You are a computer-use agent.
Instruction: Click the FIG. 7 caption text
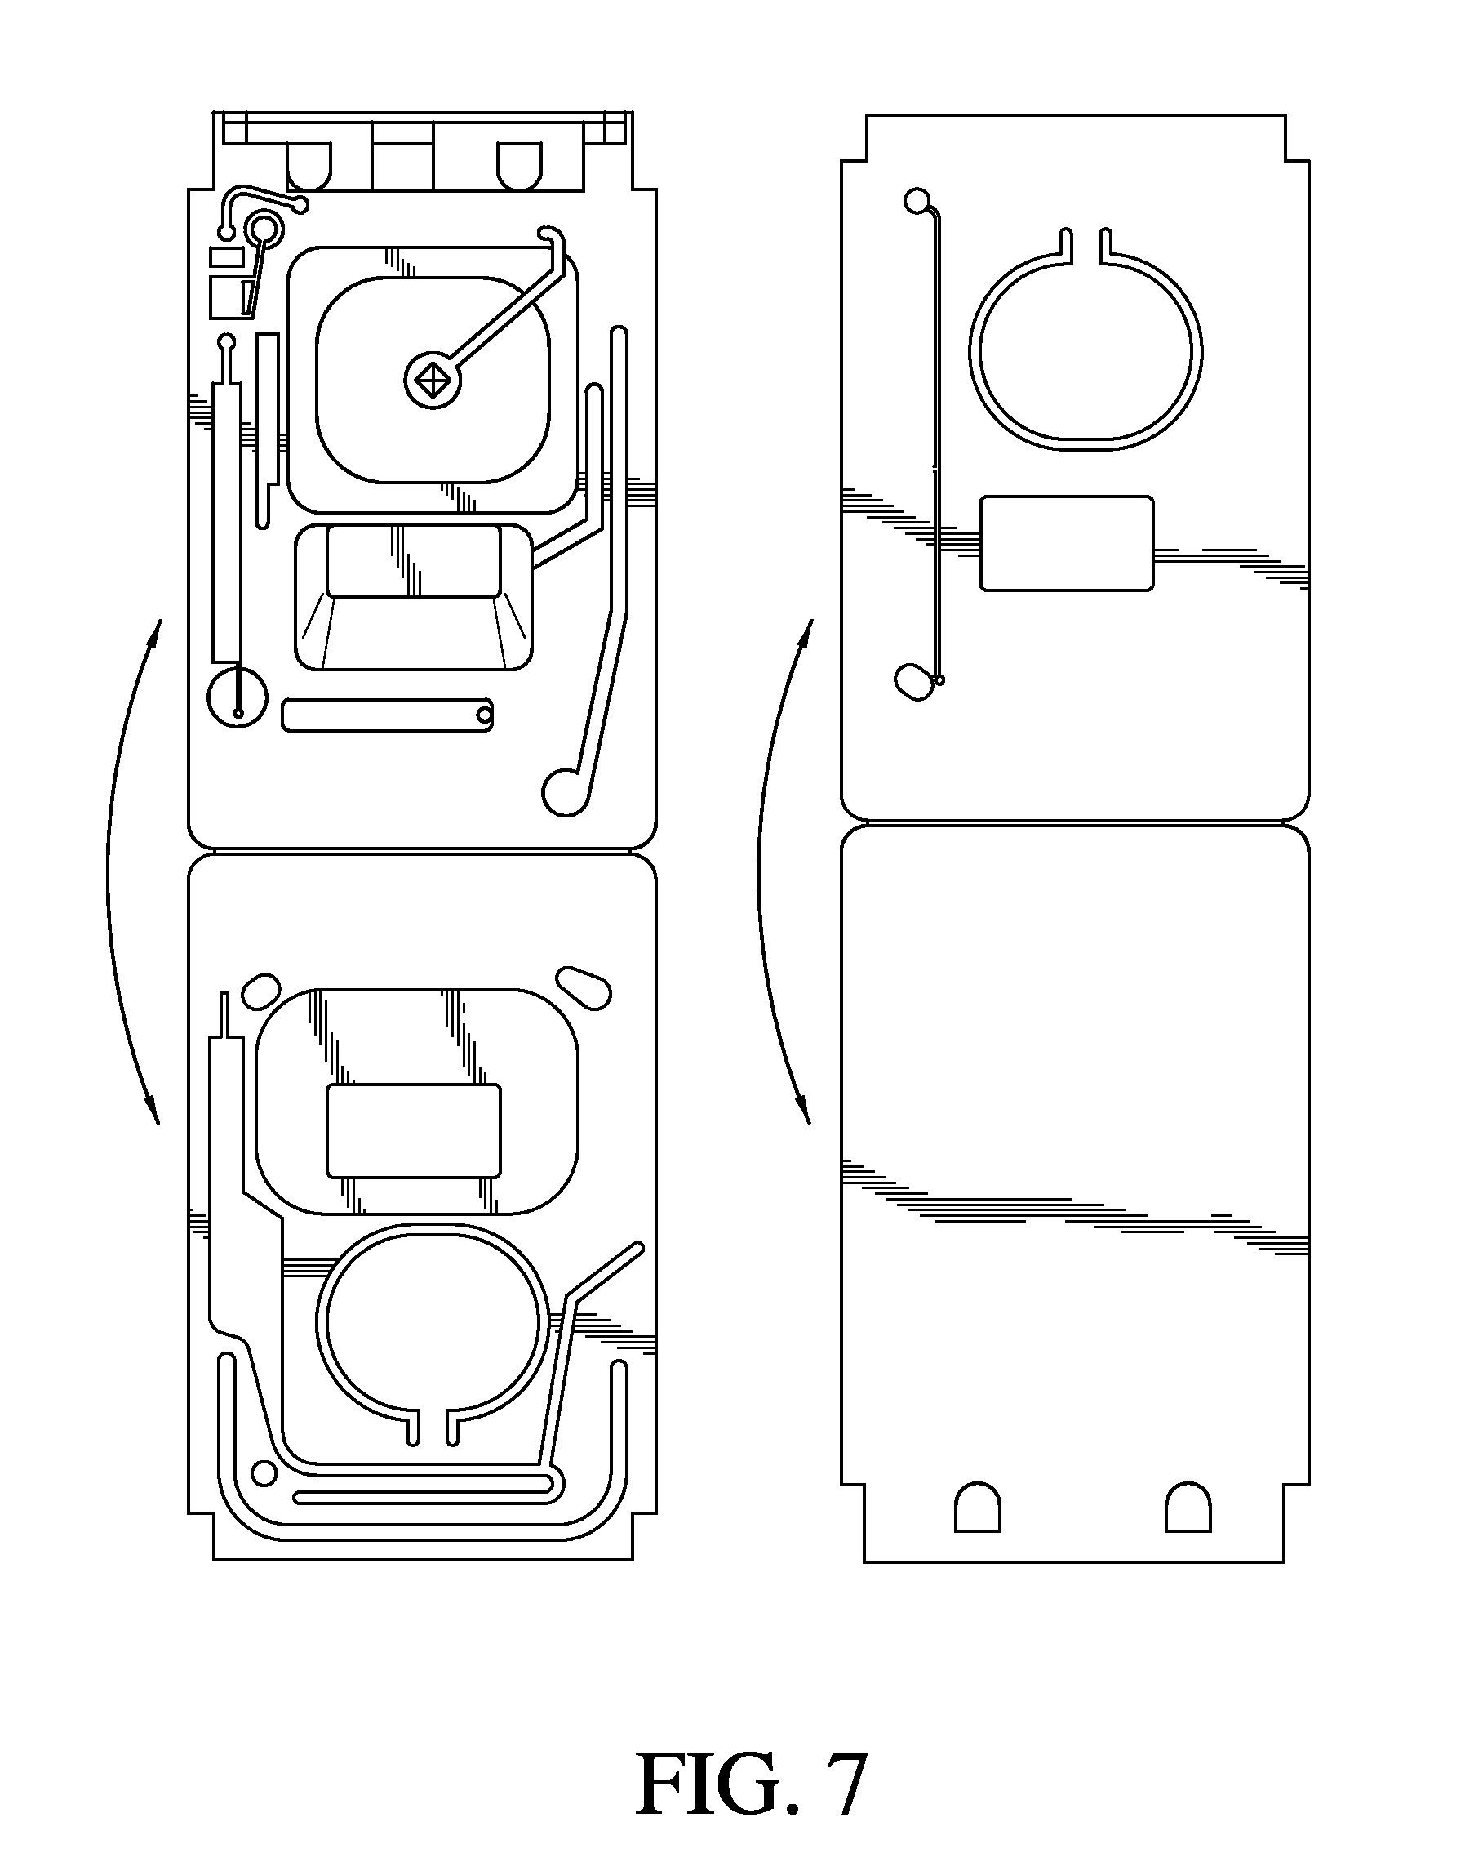(750, 1785)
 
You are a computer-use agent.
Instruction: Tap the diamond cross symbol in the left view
(432, 380)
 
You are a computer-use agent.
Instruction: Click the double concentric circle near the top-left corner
(264, 230)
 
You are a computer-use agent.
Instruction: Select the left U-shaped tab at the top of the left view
(309, 167)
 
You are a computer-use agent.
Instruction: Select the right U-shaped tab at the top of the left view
(520, 167)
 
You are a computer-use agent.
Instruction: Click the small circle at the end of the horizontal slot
(484, 715)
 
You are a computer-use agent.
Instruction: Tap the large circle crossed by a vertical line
(238, 697)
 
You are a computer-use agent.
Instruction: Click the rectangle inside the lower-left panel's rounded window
(414, 1130)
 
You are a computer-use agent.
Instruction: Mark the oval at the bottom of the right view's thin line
(914, 681)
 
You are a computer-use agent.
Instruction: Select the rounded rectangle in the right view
(1067, 543)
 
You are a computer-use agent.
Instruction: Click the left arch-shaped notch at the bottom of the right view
(977, 1507)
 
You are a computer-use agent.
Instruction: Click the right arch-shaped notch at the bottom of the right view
(1188, 1507)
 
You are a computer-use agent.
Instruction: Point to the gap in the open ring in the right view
(1085, 246)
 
